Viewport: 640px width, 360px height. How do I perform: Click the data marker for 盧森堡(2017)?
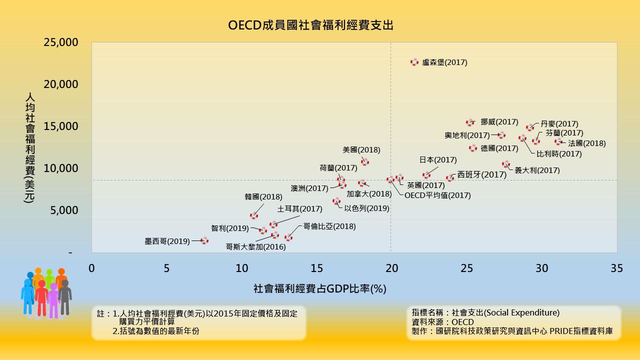pyautogui.click(x=414, y=62)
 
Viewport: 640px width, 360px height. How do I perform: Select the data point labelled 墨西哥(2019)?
pyautogui.click(x=204, y=240)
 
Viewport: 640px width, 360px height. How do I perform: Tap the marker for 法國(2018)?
pyautogui.click(x=558, y=141)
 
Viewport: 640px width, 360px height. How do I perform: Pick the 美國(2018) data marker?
pyautogui.click(x=365, y=161)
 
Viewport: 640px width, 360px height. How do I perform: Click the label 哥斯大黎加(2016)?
pyautogui.click(x=255, y=246)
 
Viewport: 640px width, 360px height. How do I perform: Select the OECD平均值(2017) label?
pyautogui.click(x=437, y=195)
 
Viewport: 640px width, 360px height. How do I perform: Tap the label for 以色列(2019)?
pyautogui.click(x=366, y=208)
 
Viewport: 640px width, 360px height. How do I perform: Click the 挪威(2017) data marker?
pyautogui.click(x=470, y=122)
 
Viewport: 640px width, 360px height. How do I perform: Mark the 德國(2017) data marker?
pyautogui.click(x=473, y=148)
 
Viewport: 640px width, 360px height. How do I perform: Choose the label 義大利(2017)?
pyautogui.click(x=537, y=170)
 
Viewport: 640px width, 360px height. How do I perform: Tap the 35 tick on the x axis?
pyautogui.click(x=617, y=268)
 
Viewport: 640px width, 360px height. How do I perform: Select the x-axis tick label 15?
pyautogui.click(x=316, y=268)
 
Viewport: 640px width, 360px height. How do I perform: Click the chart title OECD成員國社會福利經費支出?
pyautogui.click(x=310, y=25)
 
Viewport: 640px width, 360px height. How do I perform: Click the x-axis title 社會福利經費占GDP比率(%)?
pyautogui.click(x=320, y=289)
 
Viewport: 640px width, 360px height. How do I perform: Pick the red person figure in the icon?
pyautogui.click(x=41, y=298)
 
